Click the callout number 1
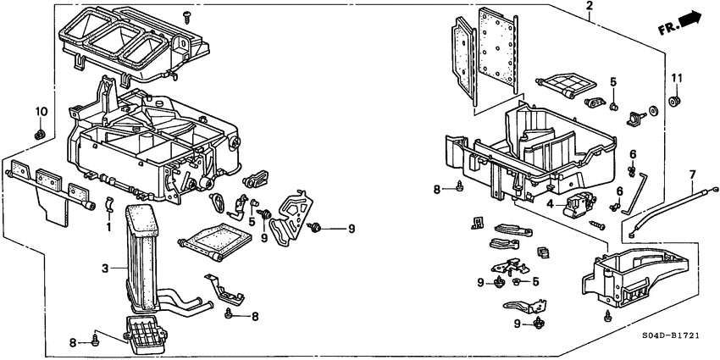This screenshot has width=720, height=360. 108,227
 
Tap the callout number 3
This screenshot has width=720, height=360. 105,269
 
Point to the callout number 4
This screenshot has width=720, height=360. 550,204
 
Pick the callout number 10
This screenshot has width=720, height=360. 39,112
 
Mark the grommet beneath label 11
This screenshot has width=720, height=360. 676,102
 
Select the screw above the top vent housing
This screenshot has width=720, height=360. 186,14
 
